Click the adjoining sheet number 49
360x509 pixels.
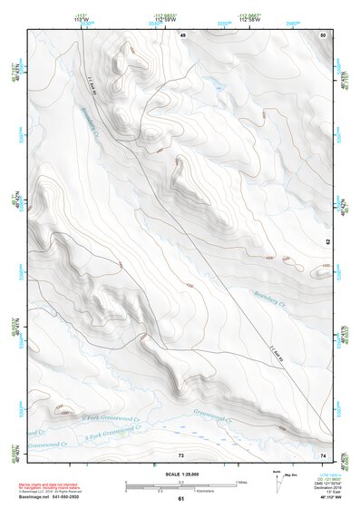pyautogui.click(x=182, y=34)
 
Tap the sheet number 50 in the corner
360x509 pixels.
pyautogui.click(x=323, y=34)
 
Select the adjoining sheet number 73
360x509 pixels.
pyautogui.click(x=180, y=454)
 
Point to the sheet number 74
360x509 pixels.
pyautogui.click(x=323, y=454)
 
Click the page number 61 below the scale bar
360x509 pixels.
pyautogui.click(x=180, y=499)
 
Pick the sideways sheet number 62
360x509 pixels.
pyautogui.click(x=328, y=241)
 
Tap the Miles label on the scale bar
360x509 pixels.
pyautogui.click(x=241, y=481)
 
